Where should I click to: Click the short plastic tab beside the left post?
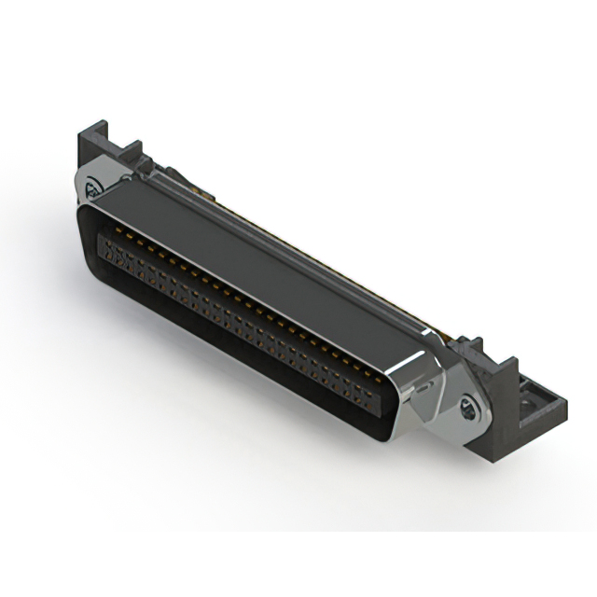(132, 149)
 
